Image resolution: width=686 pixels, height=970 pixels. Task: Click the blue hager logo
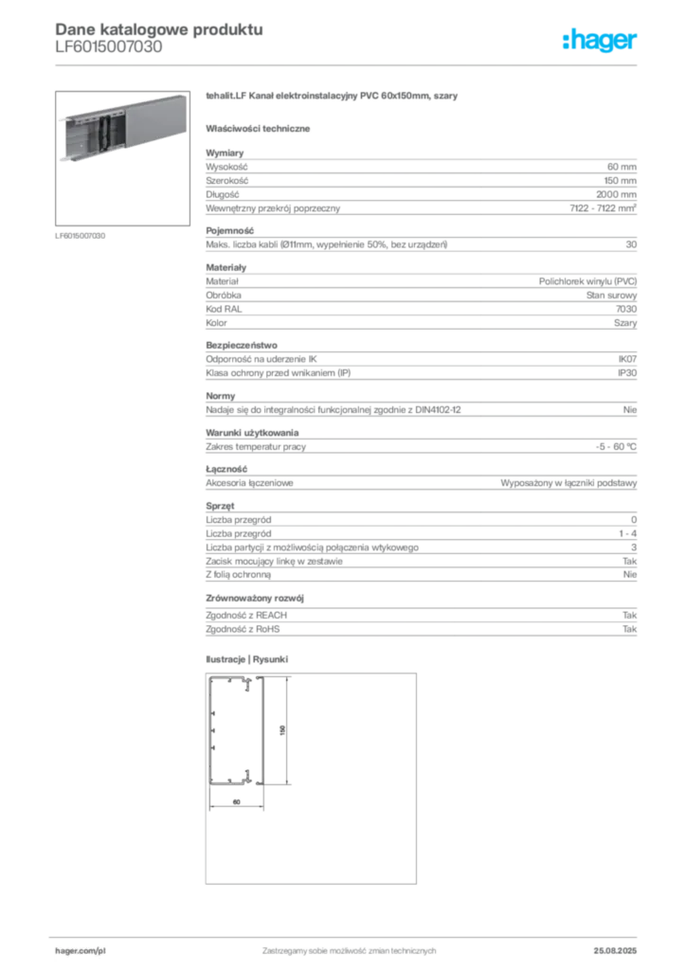pyautogui.click(x=601, y=42)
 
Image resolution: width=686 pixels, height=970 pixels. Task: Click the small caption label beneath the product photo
pyautogui.click(x=83, y=235)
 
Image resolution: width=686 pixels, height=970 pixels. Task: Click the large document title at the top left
pyautogui.click(x=156, y=27)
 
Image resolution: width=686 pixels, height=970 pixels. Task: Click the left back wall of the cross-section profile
pyautogui.click(x=211, y=729)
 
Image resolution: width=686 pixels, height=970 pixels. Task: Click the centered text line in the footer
pyautogui.click(x=349, y=945)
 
